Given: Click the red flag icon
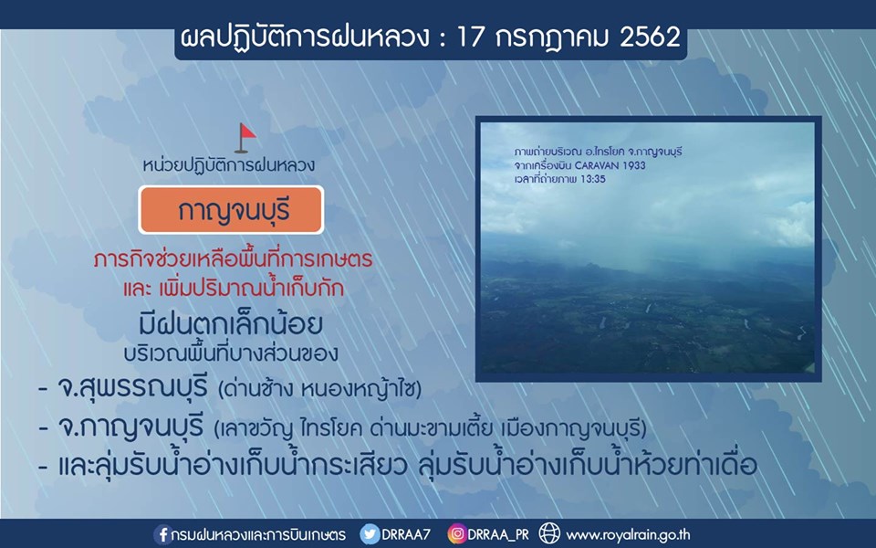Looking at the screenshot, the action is coord(245,138).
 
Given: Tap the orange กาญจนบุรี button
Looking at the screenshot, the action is coord(231,210).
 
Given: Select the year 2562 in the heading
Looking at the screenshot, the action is coord(650,37).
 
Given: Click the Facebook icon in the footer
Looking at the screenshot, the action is coord(162,534).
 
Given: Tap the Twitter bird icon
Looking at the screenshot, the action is coord(370,534).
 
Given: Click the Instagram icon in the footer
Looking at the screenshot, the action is coord(456,534).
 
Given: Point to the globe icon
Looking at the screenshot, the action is coord(549,533).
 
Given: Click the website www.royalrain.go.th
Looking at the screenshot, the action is coord(628,535).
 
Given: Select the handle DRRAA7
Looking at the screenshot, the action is coord(406,534).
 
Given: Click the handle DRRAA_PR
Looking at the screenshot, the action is coord(498,535).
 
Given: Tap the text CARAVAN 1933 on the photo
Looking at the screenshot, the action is coord(610,165).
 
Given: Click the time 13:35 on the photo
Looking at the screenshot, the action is coord(593,180).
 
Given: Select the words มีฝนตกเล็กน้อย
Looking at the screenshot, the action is coord(231,324).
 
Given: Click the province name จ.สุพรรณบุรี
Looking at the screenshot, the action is coord(133,387).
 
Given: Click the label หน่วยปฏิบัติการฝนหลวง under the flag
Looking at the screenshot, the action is coord(228,165).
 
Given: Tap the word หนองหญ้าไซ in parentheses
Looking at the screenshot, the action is coord(360,389).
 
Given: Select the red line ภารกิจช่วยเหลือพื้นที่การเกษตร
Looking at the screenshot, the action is coord(233,260).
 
